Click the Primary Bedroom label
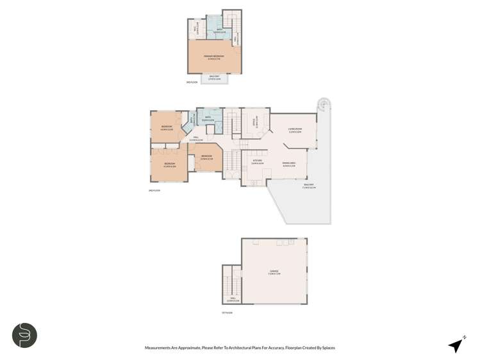point(214,56)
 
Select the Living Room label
point(294,131)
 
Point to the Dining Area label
point(289,163)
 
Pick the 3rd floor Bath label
point(219,28)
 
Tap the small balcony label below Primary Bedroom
point(214,78)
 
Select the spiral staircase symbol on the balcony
point(324,104)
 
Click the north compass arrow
point(456,345)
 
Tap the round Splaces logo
point(25,335)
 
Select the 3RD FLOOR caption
point(190,83)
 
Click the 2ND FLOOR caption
point(154,190)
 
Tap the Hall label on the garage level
point(235,299)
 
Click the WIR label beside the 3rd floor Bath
point(196,28)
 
